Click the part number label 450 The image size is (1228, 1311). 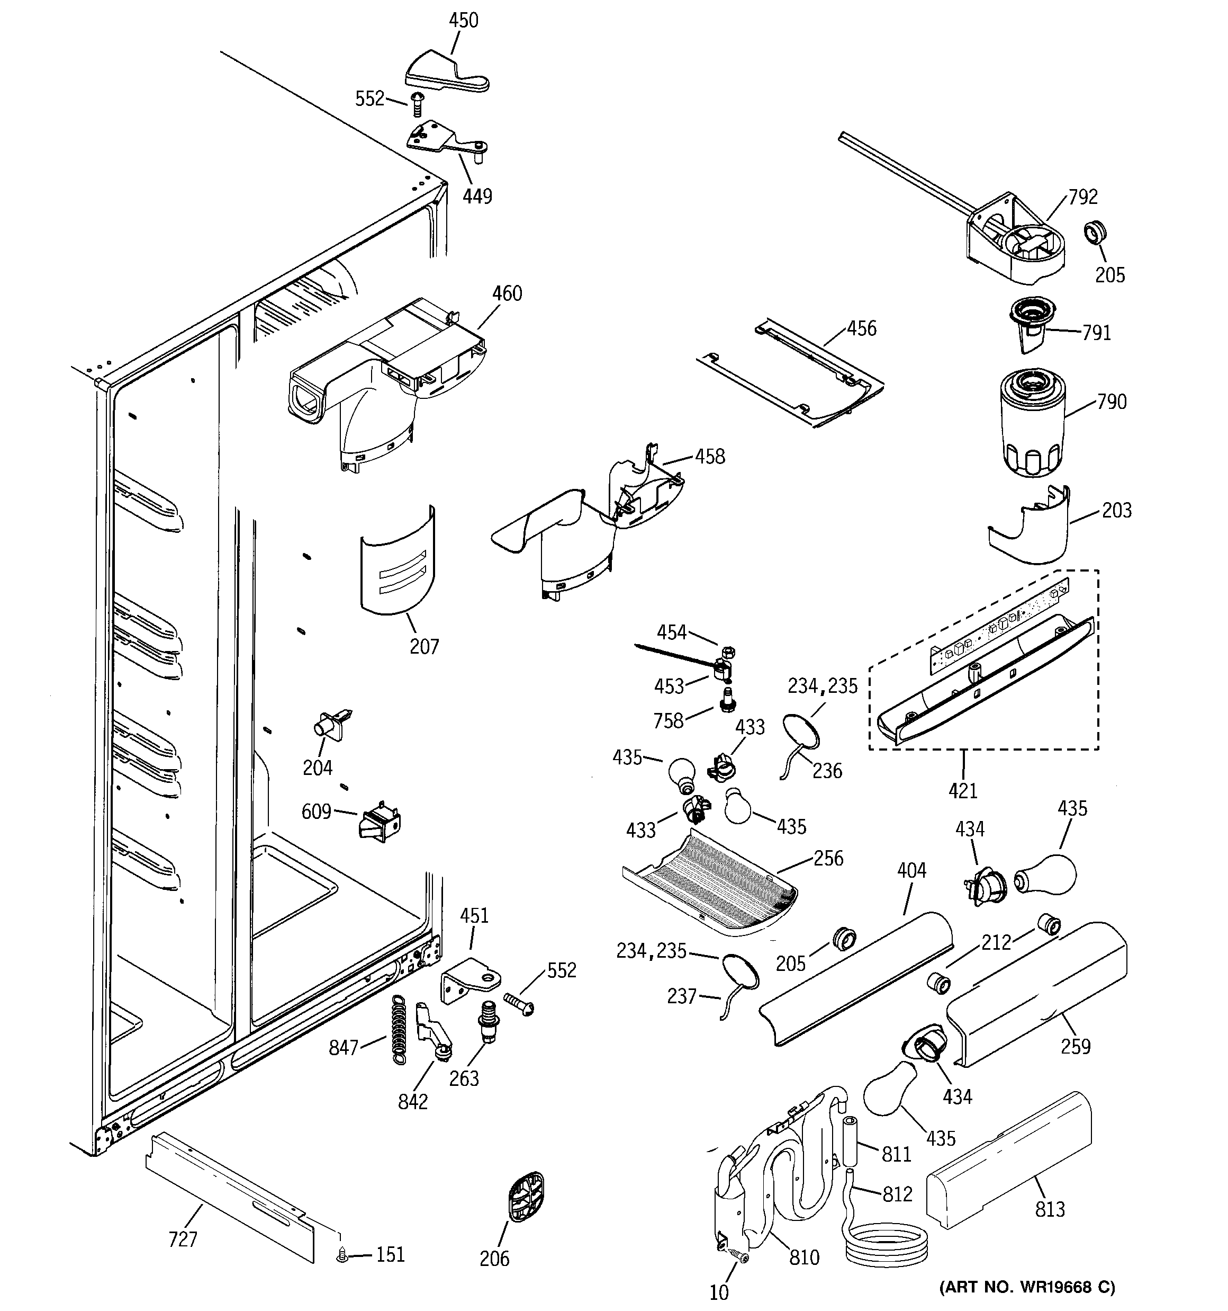463,21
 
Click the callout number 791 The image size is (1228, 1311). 1096,333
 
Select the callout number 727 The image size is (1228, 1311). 183,1240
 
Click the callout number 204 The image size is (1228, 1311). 317,768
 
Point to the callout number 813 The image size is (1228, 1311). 1050,1209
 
